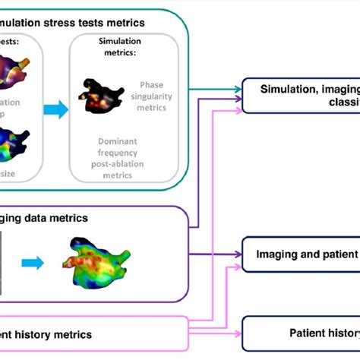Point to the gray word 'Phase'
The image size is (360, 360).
click(x=152, y=85)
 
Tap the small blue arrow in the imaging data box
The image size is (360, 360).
click(x=33, y=264)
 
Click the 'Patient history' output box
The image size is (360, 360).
click(x=301, y=332)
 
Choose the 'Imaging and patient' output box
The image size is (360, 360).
click(x=301, y=254)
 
